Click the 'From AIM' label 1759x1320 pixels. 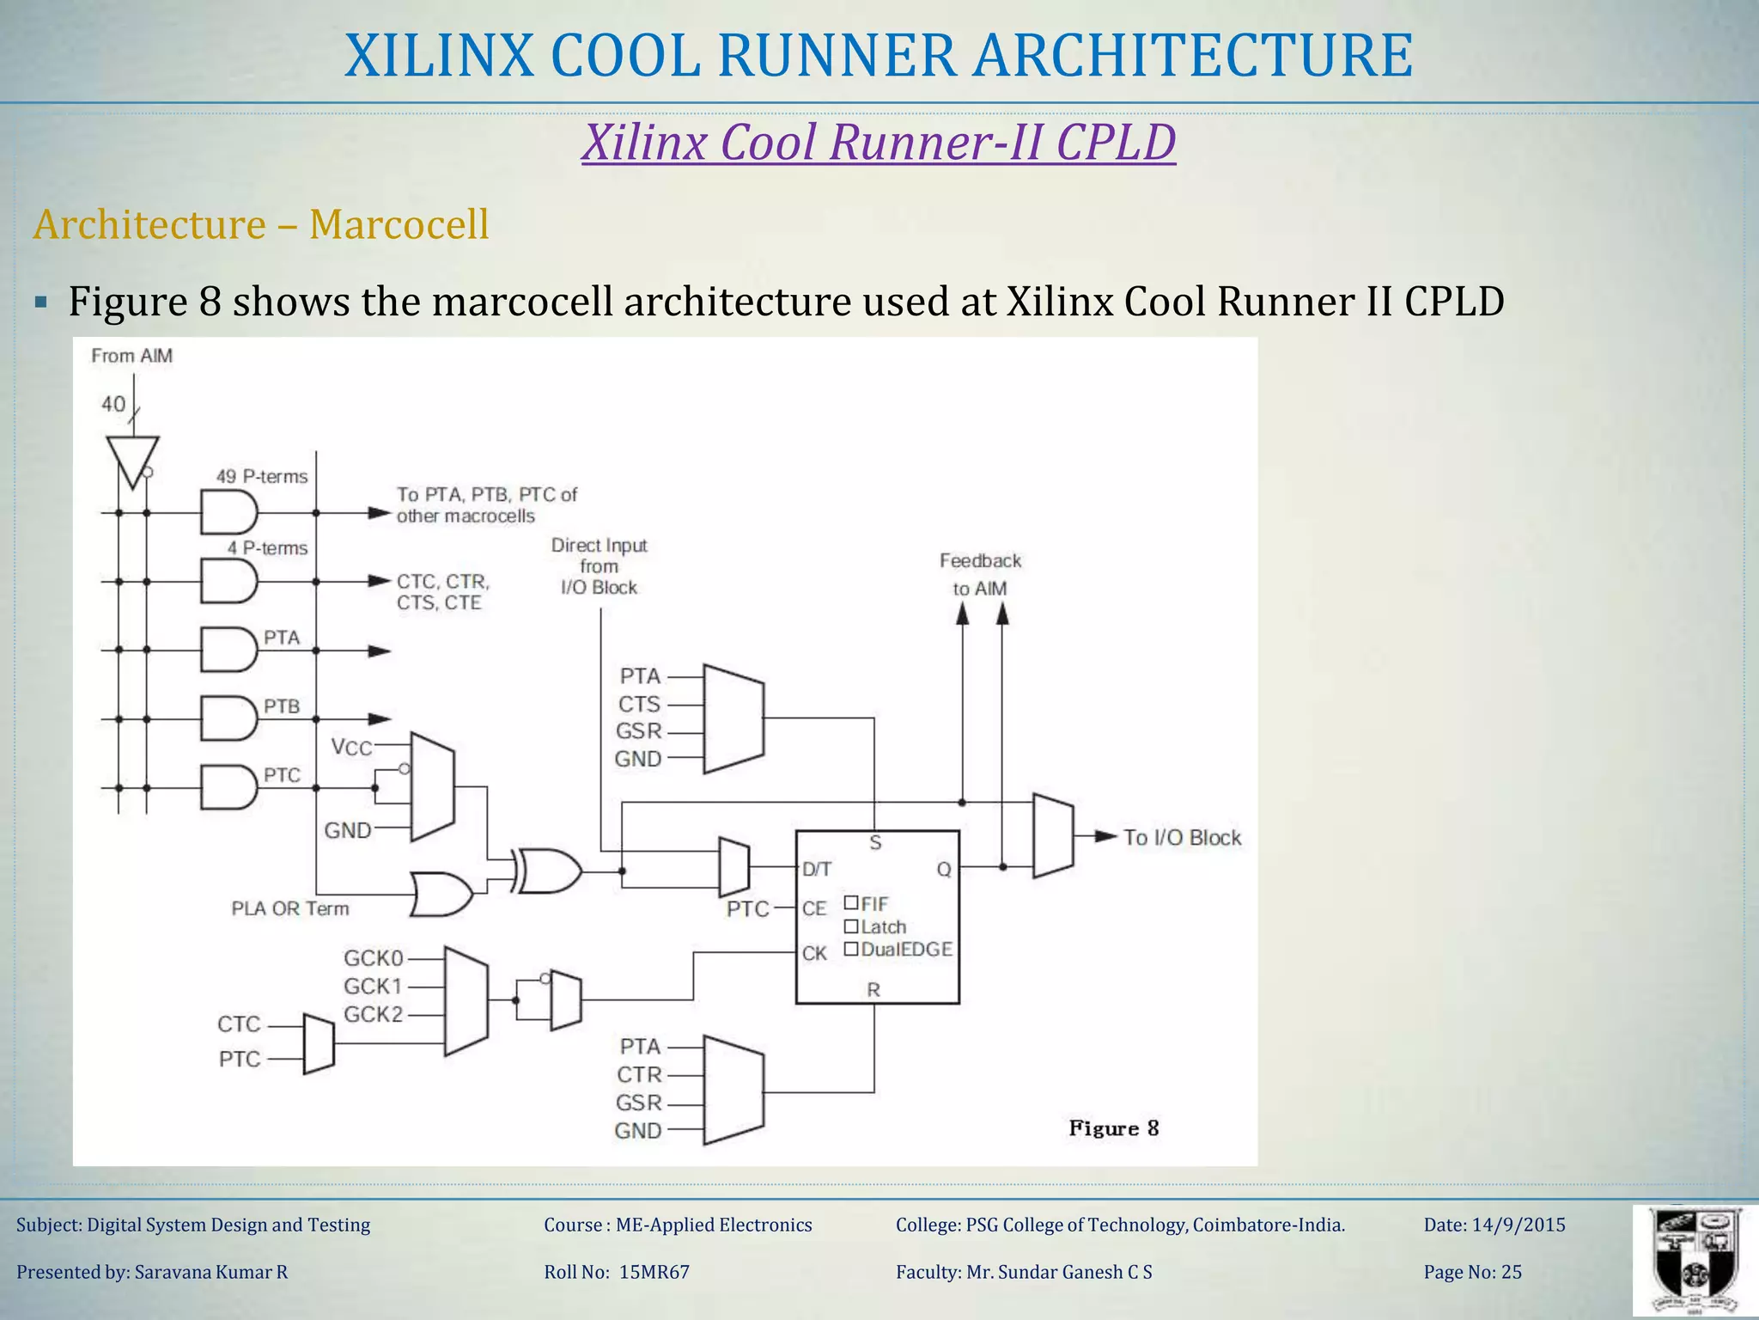131,356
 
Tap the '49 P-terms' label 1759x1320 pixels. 261,476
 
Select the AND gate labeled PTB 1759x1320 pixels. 228,718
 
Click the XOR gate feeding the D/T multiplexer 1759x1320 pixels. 548,871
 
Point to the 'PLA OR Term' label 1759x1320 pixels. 289,908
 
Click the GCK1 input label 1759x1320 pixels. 373,987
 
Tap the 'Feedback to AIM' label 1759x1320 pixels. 980,574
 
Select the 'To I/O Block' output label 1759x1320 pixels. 1181,838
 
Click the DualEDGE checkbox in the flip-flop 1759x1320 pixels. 851,949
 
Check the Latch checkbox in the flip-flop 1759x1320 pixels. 851,926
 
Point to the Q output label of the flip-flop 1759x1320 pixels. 943,870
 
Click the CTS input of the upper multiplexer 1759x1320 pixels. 639,705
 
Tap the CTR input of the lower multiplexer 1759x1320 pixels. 639,1075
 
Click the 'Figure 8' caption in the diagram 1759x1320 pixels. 1113,1128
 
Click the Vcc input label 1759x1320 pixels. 351,747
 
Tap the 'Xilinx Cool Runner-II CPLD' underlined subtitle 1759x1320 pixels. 878,143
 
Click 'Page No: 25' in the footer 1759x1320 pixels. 1472,1272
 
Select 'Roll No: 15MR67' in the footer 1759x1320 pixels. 616,1272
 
